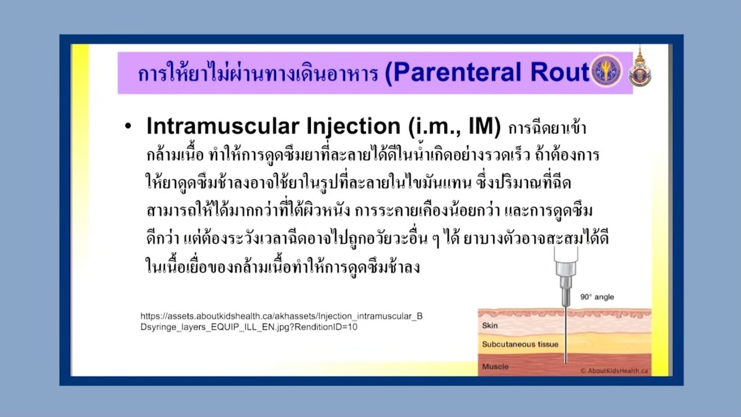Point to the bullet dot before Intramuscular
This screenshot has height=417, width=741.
pyautogui.click(x=128, y=126)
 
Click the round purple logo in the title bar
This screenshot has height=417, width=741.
pyautogui.click(x=606, y=71)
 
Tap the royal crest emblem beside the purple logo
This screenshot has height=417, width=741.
pyautogui.click(x=640, y=68)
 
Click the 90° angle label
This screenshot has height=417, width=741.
pyautogui.click(x=597, y=297)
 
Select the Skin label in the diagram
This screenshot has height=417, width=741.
pyautogui.click(x=490, y=325)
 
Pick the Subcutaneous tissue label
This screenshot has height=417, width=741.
pyautogui.click(x=520, y=344)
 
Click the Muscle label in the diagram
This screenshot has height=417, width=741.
pyautogui.click(x=495, y=367)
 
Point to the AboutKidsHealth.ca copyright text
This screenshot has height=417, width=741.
pyautogui.click(x=614, y=371)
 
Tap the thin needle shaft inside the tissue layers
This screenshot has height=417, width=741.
pyautogui.click(x=566, y=335)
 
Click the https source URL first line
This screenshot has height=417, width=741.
pyautogui.click(x=281, y=316)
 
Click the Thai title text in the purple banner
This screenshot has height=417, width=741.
pyautogui.click(x=258, y=73)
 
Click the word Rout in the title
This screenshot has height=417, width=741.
pyautogui.click(x=560, y=72)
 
